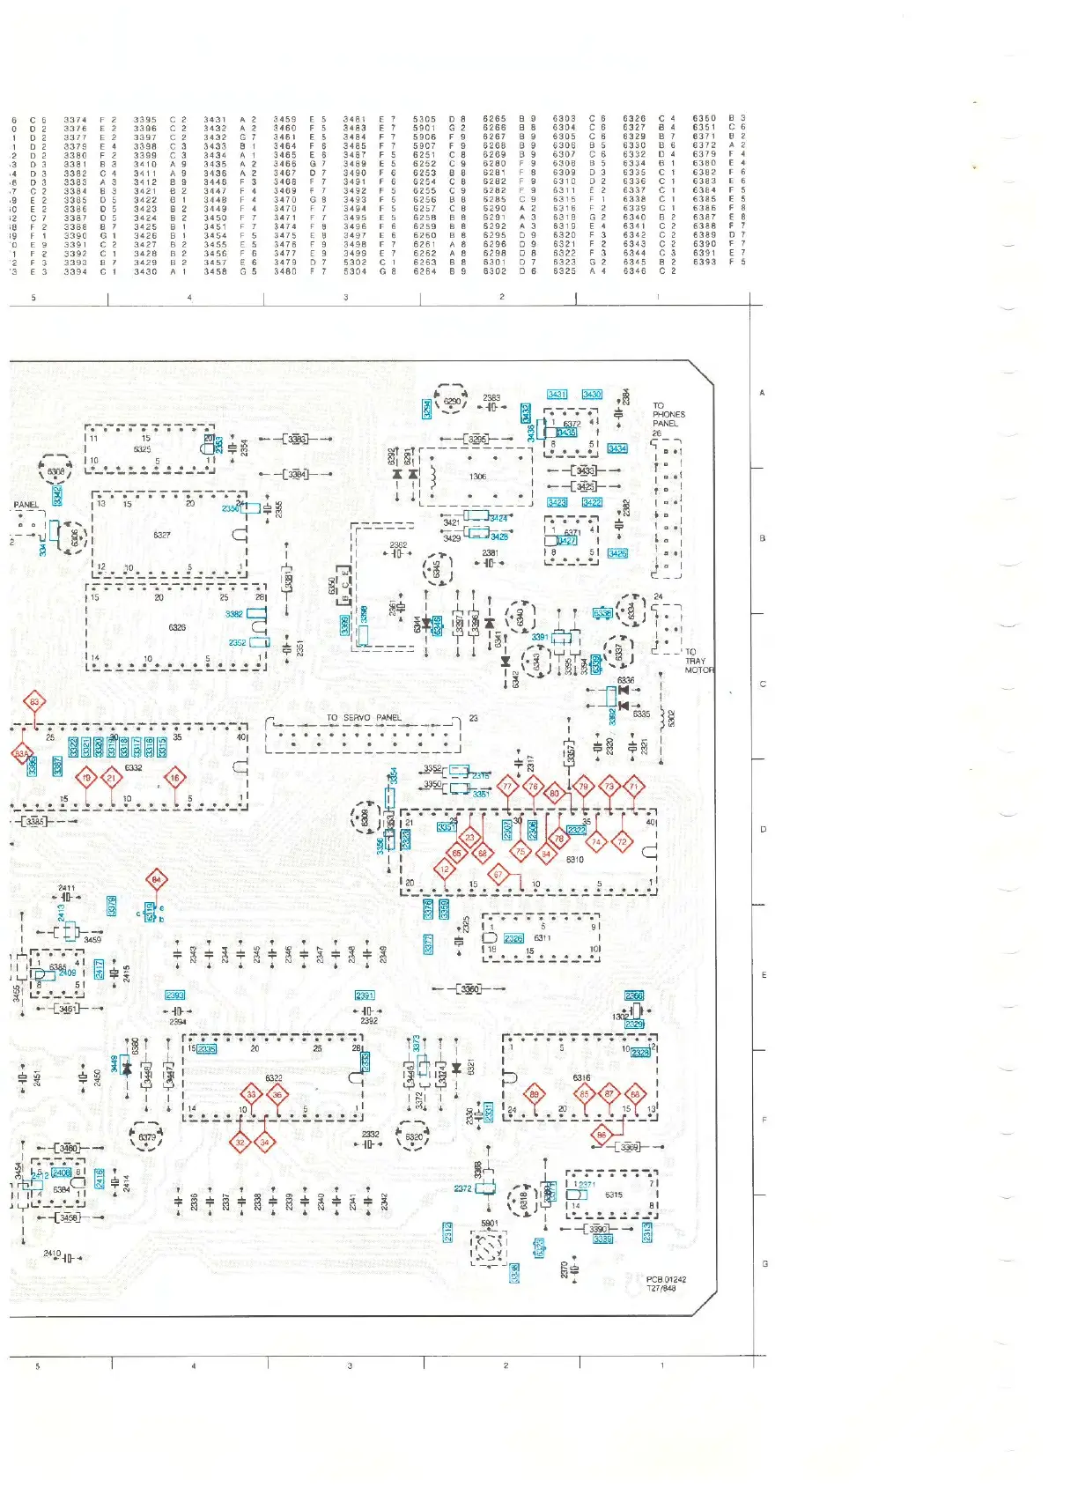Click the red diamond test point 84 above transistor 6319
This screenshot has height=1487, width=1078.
click(x=156, y=879)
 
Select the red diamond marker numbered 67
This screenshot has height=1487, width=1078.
click(x=498, y=875)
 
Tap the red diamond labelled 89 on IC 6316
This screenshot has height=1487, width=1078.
click(x=535, y=1095)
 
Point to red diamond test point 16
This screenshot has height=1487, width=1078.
click(x=175, y=777)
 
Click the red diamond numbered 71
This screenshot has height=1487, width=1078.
click(x=634, y=786)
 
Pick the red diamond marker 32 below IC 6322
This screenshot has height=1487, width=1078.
click(x=240, y=1143)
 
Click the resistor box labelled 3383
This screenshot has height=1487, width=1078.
click(x=297, y=439)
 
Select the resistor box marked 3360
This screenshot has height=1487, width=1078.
click(x=470, y=988)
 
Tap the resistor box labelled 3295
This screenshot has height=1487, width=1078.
click(x=476, y=439)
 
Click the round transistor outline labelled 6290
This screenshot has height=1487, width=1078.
click(x=451, y=402)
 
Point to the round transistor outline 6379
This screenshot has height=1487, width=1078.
click(x=146, y=1137)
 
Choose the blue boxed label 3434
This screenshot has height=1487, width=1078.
click(x=617, y=448)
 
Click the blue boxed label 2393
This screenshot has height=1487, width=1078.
click(x=175, y=995)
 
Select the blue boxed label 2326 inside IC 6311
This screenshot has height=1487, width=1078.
click(x=513, y=938)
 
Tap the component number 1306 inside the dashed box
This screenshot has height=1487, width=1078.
click(x=477, y=477)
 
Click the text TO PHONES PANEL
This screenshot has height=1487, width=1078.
click(x=668, y=415)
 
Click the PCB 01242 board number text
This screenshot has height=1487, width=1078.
click(x=666, y=1280)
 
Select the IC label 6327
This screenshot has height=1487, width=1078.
click(x=162, y=535)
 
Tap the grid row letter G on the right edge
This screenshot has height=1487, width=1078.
click(x=764, y=1263)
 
